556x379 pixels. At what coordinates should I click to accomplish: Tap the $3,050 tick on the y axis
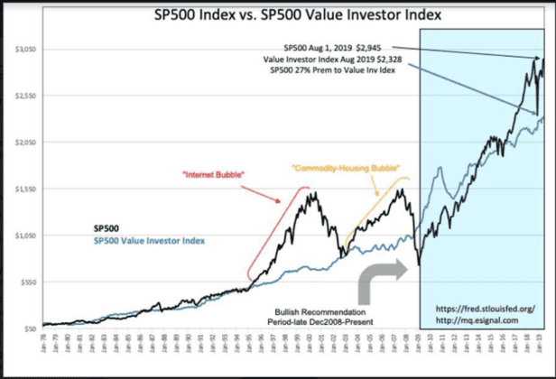(29, 49)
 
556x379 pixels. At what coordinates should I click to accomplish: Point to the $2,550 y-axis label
(29, 96)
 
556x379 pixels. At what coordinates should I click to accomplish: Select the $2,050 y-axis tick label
(29, 143)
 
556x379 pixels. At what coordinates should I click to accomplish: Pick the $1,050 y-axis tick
(29, 236)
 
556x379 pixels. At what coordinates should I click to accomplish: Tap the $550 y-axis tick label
(31, 282)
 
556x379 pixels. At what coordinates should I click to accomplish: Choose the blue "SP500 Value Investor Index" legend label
(148, 241)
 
